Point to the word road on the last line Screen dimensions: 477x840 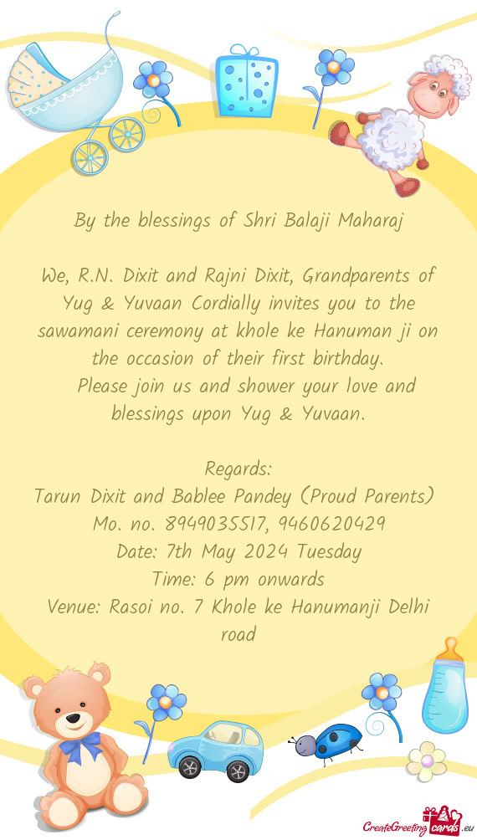238,634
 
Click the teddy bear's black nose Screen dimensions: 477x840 72,717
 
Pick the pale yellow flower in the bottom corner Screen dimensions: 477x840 427,761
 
